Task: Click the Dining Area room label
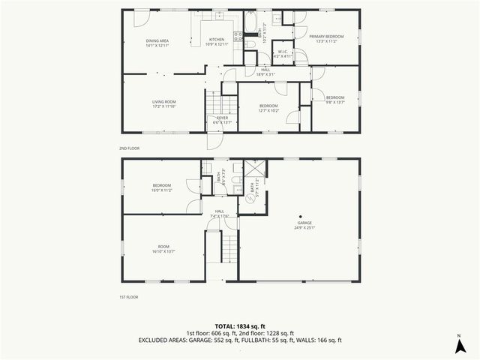click(x=156, y=42)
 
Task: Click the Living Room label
click(x=164, y=104)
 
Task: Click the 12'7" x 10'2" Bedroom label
click(x=268, y=108)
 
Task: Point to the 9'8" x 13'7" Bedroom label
click(x=335, y=99)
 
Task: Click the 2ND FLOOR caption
click(x=129, y=148)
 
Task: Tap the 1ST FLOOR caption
click(x=129, y=297)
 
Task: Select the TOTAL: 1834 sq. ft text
click(x=240, y=325)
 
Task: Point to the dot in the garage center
click(x=301, y=217)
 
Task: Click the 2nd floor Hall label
click(x=265, y=72)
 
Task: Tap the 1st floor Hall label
click(x=220, y=214)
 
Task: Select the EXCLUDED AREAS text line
click(x=240, y=340)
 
